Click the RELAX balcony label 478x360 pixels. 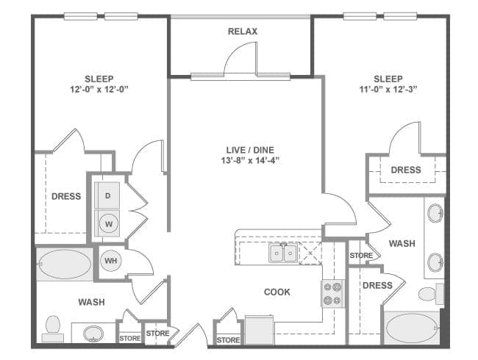pos(242,32)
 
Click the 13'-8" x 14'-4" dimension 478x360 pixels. pos(246,160)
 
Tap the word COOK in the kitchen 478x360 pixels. pos(277,292)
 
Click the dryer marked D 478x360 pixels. pos(107,195)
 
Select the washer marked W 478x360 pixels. pos(107,223)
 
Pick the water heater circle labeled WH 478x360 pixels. pos(110,261)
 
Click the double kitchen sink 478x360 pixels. pos(283,253)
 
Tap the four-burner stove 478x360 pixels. pos(332,294)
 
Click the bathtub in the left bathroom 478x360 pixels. pos(65,264)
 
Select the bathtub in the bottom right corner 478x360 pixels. pos(411,328)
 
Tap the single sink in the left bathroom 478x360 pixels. pos(93,334)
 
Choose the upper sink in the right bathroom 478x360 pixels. pos(435,215)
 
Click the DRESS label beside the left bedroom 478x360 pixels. pos(66,197)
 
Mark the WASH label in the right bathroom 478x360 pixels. pos(402,244)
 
